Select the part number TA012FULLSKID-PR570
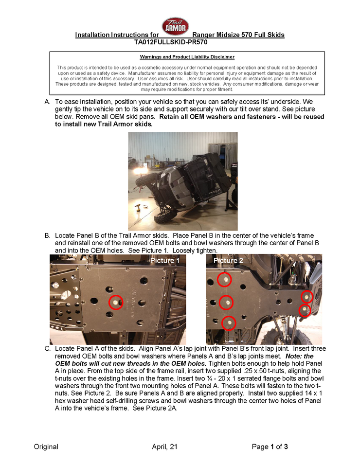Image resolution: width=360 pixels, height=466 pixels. (176, 42)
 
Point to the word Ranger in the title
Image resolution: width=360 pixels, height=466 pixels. (204, 35)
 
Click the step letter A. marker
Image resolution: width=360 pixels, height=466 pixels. (47, 102)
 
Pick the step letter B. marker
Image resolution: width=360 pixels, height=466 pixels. (47, 235)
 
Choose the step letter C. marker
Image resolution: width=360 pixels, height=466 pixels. (47, 349)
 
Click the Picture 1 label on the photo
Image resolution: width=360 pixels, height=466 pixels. (165, 261)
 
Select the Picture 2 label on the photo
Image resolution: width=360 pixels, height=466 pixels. (228, 261)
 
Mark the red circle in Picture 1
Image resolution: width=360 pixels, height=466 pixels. (115, 302)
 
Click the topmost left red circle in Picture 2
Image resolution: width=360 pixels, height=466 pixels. (224, 280)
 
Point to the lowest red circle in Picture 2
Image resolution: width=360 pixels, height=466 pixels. (228, 323)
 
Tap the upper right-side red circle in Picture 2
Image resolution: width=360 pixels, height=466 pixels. (307, 296)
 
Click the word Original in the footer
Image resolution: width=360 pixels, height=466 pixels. (46, 447)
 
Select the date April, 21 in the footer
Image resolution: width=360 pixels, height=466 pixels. (164, 447)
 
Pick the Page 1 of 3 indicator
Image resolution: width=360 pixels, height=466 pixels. (270, 447)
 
